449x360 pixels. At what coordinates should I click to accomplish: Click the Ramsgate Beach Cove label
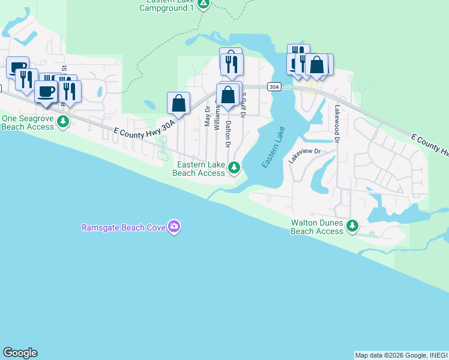(124, 227)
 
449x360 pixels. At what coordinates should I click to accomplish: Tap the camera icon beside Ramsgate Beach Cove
(175, 227)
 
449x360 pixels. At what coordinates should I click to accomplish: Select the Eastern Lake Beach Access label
(199, 169)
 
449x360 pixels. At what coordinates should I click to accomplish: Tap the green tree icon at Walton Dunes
(353, 226)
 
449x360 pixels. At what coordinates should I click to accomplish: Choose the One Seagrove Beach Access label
(28, 122)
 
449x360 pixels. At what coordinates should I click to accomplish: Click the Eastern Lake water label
(273, 147)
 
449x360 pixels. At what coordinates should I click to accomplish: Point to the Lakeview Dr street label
(305, 156)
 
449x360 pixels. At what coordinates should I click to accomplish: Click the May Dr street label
(208, 116)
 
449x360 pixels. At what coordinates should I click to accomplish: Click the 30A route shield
(274, 87)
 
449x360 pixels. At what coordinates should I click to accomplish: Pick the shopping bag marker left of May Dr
(178, 103)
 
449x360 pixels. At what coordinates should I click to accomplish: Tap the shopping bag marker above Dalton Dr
(228, 95)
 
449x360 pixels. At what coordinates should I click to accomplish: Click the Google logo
(20, 353)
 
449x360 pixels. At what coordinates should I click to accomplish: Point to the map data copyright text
(400, 355)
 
